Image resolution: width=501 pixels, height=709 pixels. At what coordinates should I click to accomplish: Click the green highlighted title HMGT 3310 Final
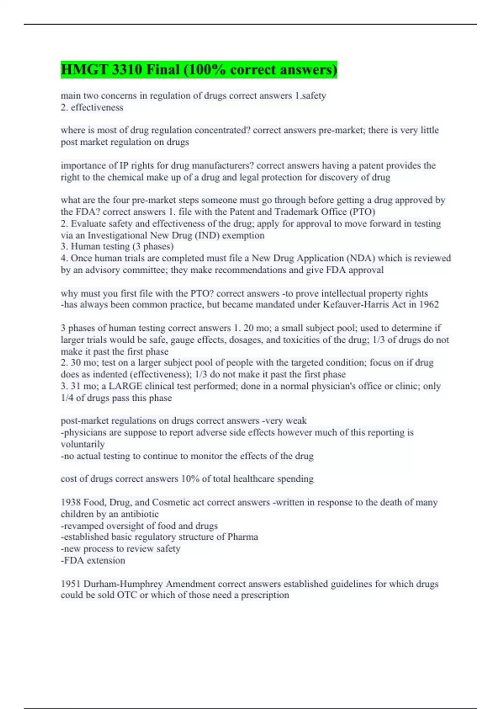tap(199, 70)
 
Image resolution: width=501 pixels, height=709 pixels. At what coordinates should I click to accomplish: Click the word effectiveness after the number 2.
tap(97, 108)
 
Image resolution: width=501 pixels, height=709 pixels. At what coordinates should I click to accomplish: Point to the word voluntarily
tap(83, 444)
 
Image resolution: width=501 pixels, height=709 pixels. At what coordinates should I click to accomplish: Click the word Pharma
tap(243, 537)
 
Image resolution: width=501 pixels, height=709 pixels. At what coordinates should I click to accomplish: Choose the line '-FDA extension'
tap(93, 561)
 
